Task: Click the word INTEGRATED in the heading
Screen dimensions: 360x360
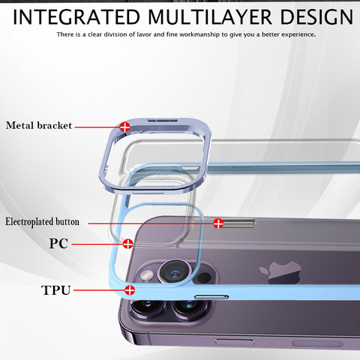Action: click(x=76, y=17)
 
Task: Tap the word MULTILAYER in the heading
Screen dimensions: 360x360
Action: click(x=210, y=17)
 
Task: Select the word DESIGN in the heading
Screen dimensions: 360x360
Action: click(x=316, y=17)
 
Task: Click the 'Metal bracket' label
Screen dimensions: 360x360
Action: click(x=39, y=125)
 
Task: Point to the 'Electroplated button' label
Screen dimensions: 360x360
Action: click(x=42, y=222)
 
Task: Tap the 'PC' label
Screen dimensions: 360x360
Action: click(x=58, y=243)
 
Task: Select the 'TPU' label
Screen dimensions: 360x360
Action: click(x=55, y=290)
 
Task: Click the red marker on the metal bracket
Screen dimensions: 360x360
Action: click(x=124, y=127)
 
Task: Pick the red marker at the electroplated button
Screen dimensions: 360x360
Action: click(x=218, y=223)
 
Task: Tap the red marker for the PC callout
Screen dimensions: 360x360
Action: click(x=128, y=244)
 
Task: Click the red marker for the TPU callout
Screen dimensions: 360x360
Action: click(x=130, y=290)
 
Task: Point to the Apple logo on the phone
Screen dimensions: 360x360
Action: click(x=280, y=272)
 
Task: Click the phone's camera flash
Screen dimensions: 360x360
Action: click(x=147, y=275)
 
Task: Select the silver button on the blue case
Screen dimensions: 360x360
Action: click(x=211, y=297)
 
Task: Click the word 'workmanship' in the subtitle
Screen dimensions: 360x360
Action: click(x=200, y=34)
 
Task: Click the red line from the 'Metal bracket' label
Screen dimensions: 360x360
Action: click(x=97, y=127)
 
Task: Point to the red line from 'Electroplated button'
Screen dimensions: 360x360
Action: click(x=151, y=223)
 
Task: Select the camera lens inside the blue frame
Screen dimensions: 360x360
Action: click(x=175, y=271)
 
